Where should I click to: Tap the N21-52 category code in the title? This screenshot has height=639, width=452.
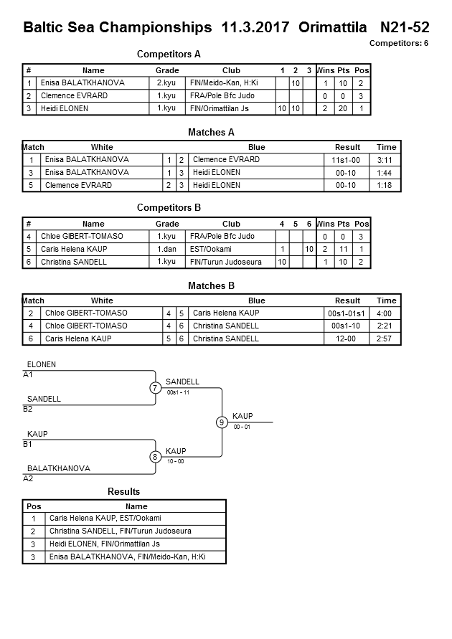[405, 28]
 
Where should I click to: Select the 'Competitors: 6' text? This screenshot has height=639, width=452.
[399, 44]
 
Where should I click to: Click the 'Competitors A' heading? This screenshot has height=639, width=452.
[169, 54]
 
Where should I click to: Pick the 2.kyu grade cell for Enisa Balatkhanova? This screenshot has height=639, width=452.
[167, 83]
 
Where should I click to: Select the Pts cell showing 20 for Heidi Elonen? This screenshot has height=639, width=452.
[343, 109]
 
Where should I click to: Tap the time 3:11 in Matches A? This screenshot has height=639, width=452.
[386, 160]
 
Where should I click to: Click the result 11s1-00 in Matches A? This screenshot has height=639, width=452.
[347, 160]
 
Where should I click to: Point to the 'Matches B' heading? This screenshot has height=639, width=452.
[211, 286]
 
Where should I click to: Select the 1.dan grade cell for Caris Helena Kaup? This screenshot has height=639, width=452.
[167, 250]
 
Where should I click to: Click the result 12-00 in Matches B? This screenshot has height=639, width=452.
[347, 339]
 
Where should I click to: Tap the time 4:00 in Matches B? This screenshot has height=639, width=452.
[386, 313]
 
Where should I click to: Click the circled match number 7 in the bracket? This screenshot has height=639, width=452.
[155, 388]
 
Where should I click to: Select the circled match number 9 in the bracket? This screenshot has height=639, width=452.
[222, 422]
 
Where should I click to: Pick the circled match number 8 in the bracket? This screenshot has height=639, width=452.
[155, 457]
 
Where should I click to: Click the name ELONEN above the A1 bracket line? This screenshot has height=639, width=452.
[41, 365]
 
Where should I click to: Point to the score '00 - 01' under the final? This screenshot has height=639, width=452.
[242, 427]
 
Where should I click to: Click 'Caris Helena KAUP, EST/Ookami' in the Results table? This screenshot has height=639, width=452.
[105, 518]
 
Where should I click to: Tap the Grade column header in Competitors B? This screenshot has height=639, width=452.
[167, 224]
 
